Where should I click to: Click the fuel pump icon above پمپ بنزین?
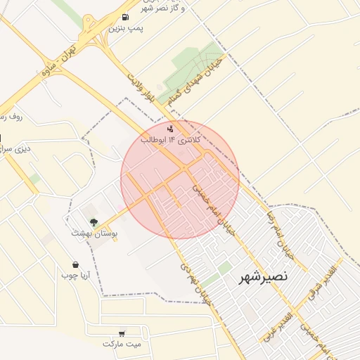tap(125, 17)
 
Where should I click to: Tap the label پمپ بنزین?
tap(126, 28)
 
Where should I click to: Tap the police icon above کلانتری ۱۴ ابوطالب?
tap(171, 129)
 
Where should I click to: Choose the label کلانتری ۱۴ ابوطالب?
tap(171, 141)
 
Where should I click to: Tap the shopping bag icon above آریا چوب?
tap(75, 265)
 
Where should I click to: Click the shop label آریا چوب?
tap(75, 276)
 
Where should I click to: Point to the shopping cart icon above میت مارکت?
tap(122, 333)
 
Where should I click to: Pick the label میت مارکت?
tap(122, 344)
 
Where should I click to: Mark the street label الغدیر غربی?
tap(276, 324)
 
